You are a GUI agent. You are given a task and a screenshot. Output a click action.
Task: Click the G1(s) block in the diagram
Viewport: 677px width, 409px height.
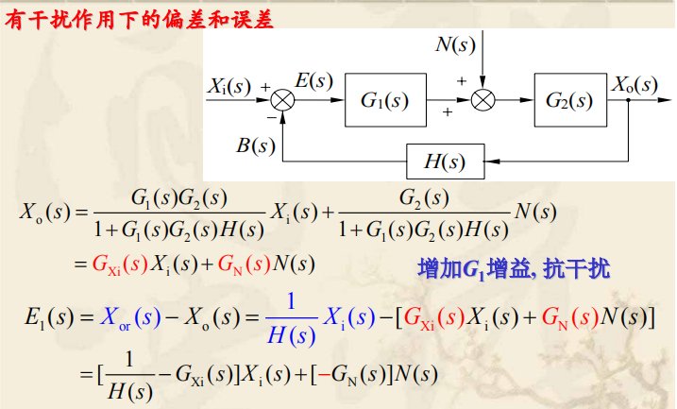pos(385,97)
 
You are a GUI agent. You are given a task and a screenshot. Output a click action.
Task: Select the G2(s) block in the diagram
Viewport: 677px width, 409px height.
pos(568,97)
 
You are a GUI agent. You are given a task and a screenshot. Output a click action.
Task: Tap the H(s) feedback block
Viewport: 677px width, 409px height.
pos(445,161)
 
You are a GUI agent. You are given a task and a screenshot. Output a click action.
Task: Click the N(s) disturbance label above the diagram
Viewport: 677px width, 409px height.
pos(455,44)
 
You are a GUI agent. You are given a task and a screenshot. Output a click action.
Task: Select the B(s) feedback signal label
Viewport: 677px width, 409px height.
pos(256,145)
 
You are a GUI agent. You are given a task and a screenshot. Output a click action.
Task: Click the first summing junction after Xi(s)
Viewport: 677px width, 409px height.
pos(281,98)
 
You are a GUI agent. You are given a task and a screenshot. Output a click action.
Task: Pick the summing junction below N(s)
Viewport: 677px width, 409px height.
pos(482,98)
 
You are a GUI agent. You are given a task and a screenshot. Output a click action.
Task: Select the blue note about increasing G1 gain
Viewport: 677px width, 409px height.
pos(514,268)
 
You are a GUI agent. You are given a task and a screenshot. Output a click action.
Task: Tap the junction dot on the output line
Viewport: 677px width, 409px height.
pos(629,98)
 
